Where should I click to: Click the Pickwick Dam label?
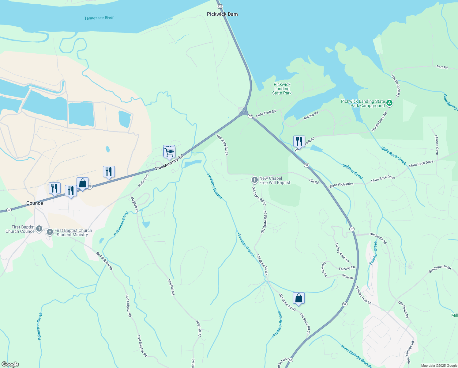[222, 14]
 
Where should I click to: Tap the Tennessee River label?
[99, 18]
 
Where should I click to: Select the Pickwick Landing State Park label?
[282, 89]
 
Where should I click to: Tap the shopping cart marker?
[170, 152]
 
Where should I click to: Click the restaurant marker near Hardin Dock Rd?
[299, 141]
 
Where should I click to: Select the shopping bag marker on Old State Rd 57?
[298, 298]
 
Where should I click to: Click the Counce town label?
[35, 203]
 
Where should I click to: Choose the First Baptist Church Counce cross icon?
[39, 228]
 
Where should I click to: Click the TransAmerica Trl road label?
[169, 163]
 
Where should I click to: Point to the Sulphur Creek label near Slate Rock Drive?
[353, 172]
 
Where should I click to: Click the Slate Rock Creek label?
[393, 155]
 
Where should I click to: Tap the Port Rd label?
[442, 67]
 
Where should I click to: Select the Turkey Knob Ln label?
[342, 252]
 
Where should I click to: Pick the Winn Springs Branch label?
[356, 356]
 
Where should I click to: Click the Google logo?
[10, 364]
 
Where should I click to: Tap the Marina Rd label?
[311, 115]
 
